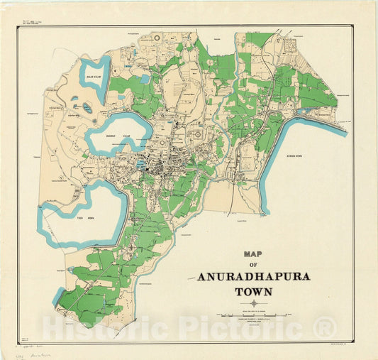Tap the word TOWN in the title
(253, 291)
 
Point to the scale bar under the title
(254, 313)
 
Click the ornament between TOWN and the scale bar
(253, 303)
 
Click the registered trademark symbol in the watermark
(325, 328)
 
